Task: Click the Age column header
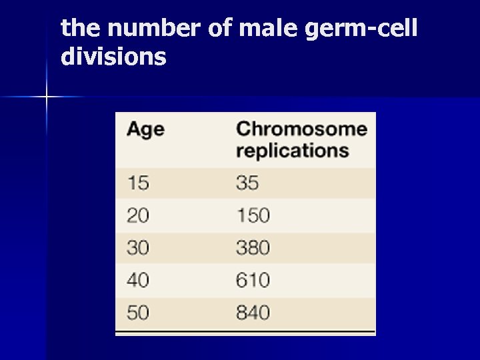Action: point(145,129)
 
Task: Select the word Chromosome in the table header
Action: point(301,129)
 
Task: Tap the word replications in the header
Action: point(292,150)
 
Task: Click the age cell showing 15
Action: point(138,183)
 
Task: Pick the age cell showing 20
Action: point(138,215)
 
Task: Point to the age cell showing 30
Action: point(138,248)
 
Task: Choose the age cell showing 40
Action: point(138,280)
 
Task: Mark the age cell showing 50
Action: point(138,312)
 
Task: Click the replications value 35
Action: point(247,183)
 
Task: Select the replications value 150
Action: point(253,215)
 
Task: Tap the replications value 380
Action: point(253,248)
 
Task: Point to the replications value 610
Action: point(253,280)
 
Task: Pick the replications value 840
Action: point(253,312)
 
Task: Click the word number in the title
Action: point(139,28)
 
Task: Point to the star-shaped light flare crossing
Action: point(47,97)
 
